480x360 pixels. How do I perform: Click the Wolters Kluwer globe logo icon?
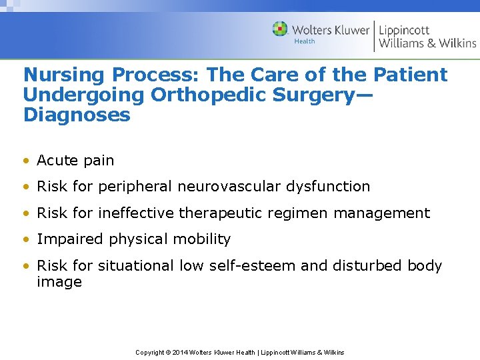tap(280, 29)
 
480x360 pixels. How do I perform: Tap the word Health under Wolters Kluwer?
tap(305, 41)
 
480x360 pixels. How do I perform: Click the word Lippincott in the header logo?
tap(404, 30)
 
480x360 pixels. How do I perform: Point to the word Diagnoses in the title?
tap(77, 115)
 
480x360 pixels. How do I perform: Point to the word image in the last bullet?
tap(59, 282)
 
